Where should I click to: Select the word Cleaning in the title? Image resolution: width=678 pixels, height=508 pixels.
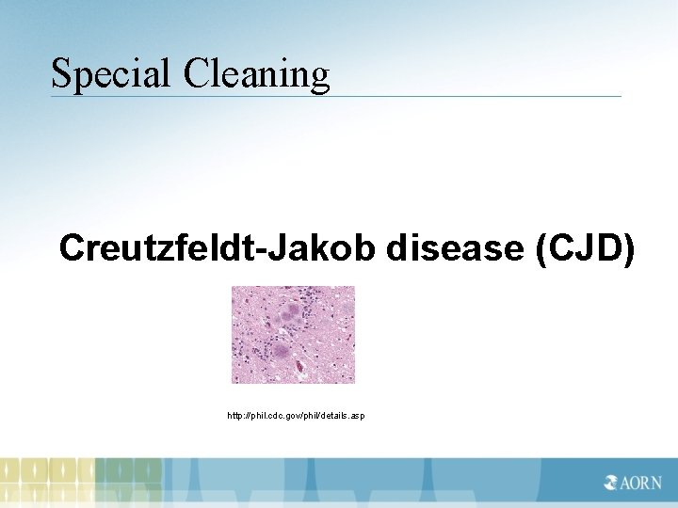pos(257,73)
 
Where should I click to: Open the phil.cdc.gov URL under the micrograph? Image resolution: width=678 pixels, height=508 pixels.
pos(297,415)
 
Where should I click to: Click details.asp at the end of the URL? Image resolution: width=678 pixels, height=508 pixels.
pos(345,415)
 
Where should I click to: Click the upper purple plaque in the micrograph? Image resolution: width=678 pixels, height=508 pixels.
pos(298,311)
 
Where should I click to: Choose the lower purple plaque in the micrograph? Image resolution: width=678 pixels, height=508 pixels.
pos(281,353)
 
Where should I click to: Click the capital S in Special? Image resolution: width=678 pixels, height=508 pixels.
pos(61,73)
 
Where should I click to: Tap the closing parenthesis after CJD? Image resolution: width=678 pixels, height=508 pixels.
pos(627,248)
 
